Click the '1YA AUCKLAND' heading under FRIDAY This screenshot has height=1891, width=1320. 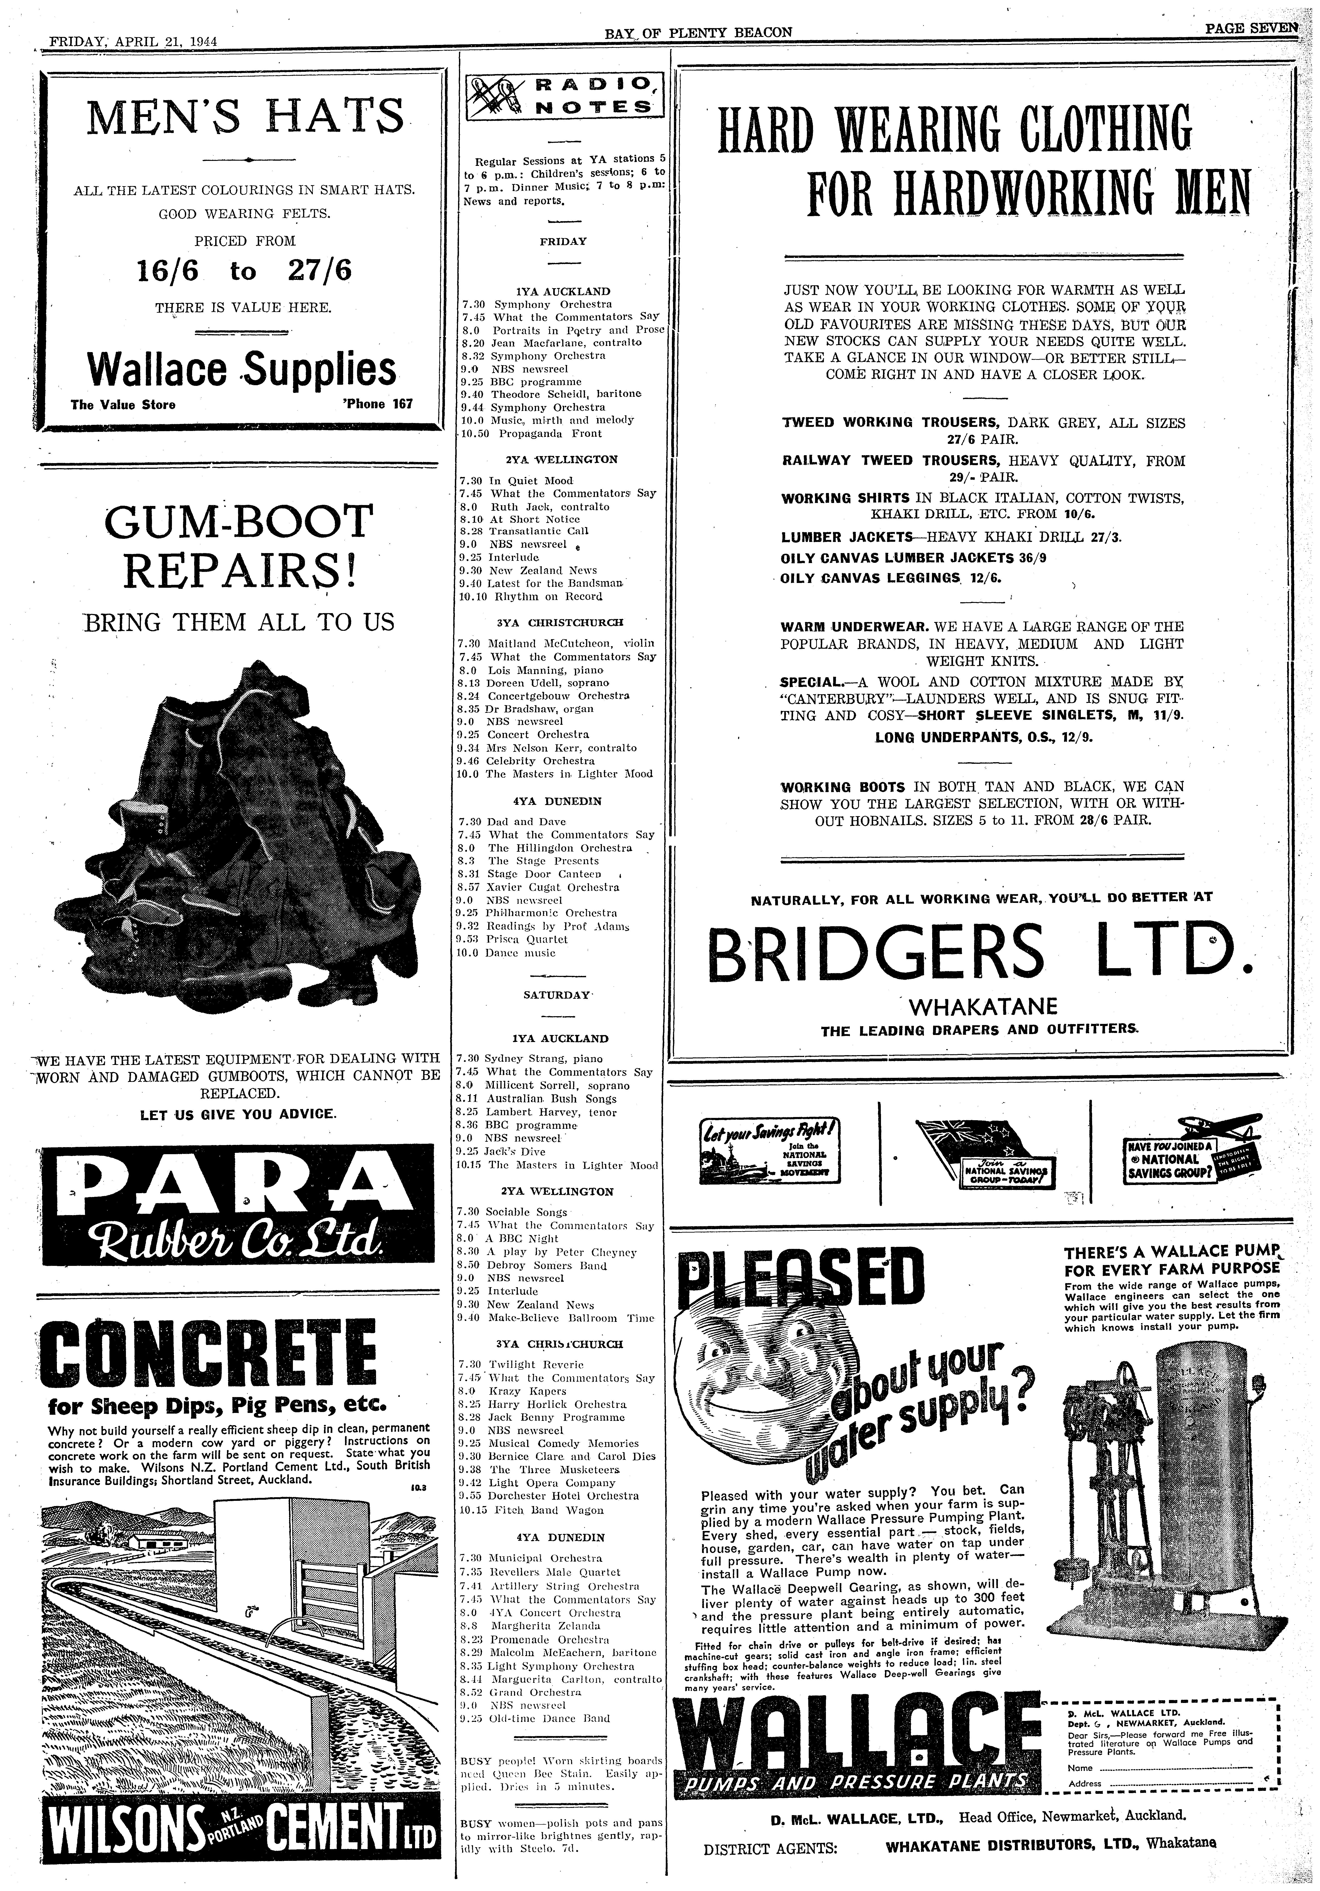pos(563,291)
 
